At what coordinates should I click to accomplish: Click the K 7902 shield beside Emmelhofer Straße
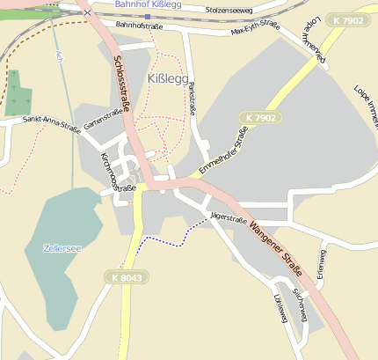click(x=260, y=117)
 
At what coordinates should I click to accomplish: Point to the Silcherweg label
click(x=300, y=302)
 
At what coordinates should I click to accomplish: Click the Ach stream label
click(x=59, y=57)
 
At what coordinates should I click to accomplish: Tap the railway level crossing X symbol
click(x=86, y=13)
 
